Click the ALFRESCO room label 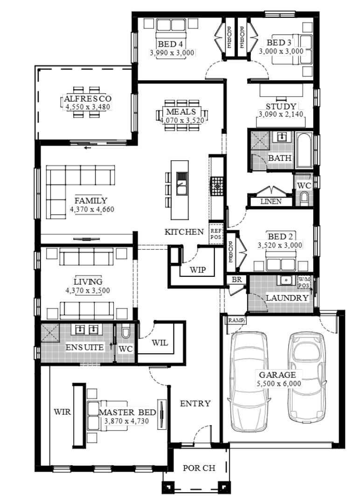point(88,98)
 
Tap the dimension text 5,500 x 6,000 point(279,384)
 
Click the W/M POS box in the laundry point(304,282)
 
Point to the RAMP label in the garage point(236,320)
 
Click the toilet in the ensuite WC point(125,331)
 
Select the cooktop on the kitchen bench point(217,185)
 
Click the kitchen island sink point(181,183)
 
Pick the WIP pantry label point(198,270)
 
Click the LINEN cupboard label point(271,202)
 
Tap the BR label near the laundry point(236,280)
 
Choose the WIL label point(159,343)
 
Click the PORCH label point(199,468)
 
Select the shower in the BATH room point(260,140)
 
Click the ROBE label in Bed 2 point(230,252)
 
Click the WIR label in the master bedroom point(62,412)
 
